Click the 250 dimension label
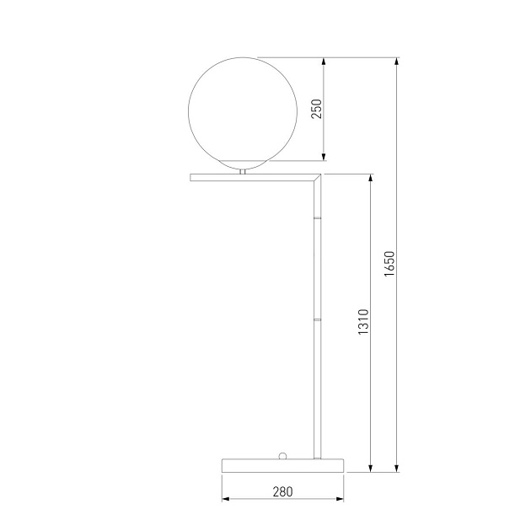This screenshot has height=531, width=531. pos(316,109)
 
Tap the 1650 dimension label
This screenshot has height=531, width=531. pos(389,264)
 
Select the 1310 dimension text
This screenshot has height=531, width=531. pos(363,322)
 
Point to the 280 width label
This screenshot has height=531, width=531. pos(282,491)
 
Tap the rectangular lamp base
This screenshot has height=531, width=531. pos(282,465)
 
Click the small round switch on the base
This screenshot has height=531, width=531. pos(282,455)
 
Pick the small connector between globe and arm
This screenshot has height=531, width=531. pos(243,172)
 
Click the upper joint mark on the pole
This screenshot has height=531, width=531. pos(317,217)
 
